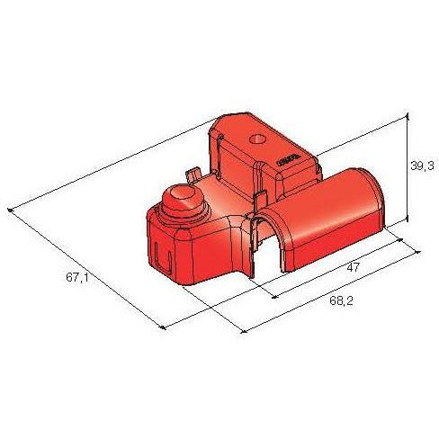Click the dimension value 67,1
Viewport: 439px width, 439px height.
coord(76,277)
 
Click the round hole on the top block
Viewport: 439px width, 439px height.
coord(258,140)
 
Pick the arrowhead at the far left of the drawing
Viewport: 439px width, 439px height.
coord(10,211)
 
